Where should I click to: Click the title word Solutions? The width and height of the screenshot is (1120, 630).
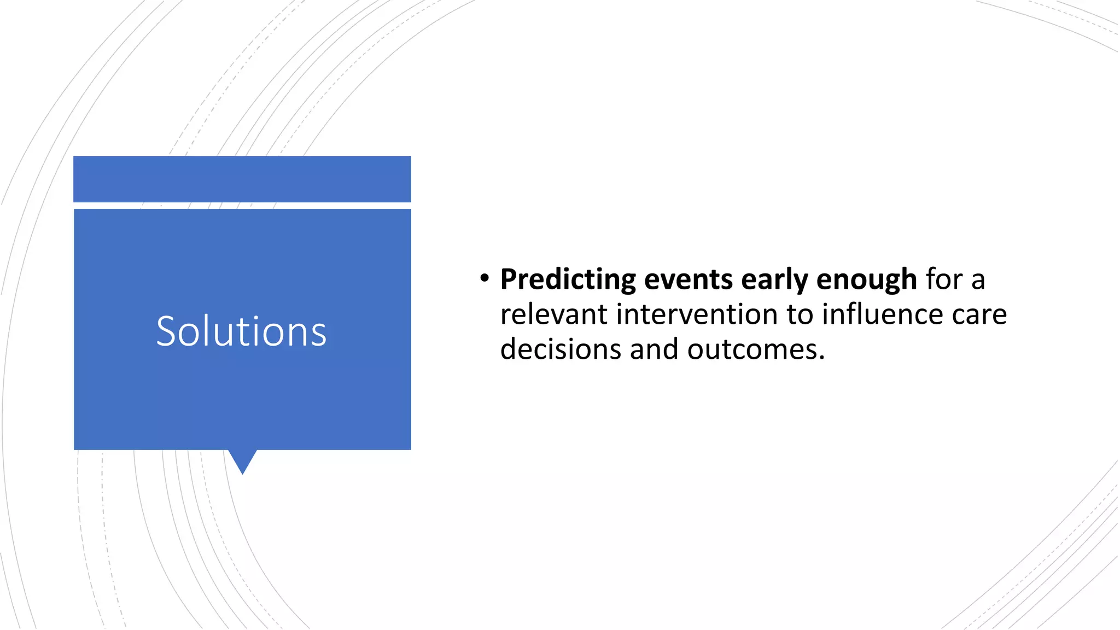pyautogui.click(x=241, y=331)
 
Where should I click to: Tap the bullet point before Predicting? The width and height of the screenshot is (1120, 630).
pyautogui.click(x=483, y=279)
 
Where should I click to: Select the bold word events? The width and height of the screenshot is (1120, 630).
pyautogui.click(x=688, y=280)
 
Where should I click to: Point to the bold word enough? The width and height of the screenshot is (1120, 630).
pyautogui.click(x=866, y=280)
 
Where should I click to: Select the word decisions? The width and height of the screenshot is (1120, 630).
pyautogui.click(x=560, y=350)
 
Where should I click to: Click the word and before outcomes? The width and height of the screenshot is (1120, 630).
pyautogui.click(x=654, y=350)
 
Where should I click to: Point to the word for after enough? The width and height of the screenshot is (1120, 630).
pyautogui.click(x=944, y=280)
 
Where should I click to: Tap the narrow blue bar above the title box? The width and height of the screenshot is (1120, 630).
pyautogui.click(x=242, y=179)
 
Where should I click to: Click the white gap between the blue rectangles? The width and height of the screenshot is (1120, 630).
pyautogui.click(x=242, y=206)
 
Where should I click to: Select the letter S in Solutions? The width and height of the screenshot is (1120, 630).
pyautogui.click(x=166, y=331)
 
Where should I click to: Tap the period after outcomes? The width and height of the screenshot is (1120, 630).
pyautogui.click(x=821, y=359)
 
